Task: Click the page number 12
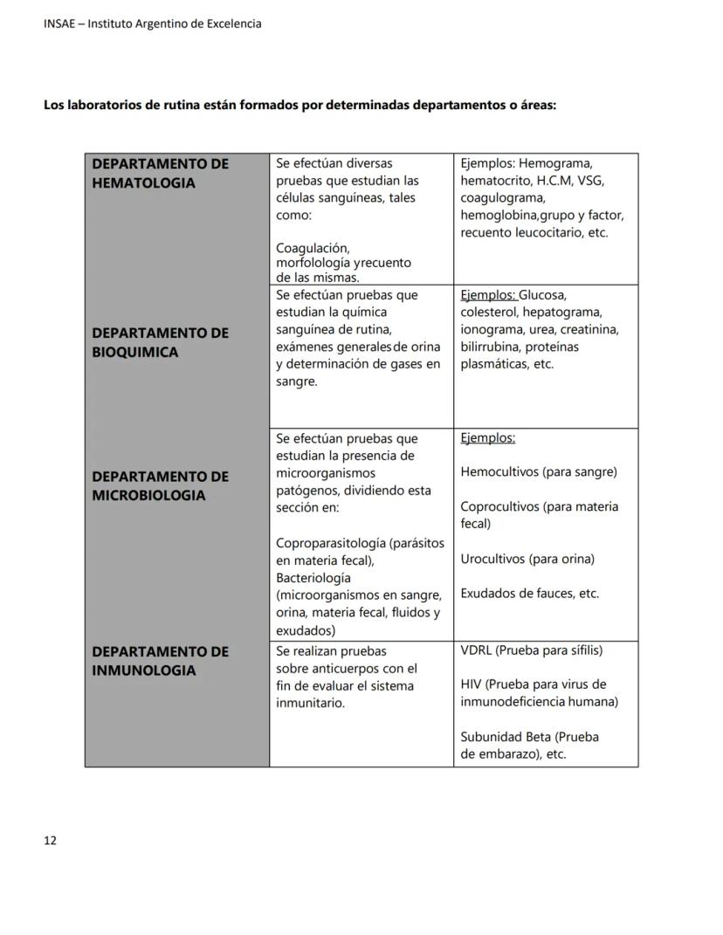[50, 841]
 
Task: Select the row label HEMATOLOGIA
[144, 182]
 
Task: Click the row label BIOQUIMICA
[135, 352]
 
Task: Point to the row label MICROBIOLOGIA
[149, 495]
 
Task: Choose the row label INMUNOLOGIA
[144, 670]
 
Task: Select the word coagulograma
[503, 198]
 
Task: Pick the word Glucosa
[542, 295]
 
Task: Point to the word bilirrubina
[492, 347]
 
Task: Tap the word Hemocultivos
[499, 472]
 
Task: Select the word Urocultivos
[493, 559]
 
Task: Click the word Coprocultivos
[501, 506]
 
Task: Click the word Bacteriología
[313, 578]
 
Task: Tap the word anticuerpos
[339, 669]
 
